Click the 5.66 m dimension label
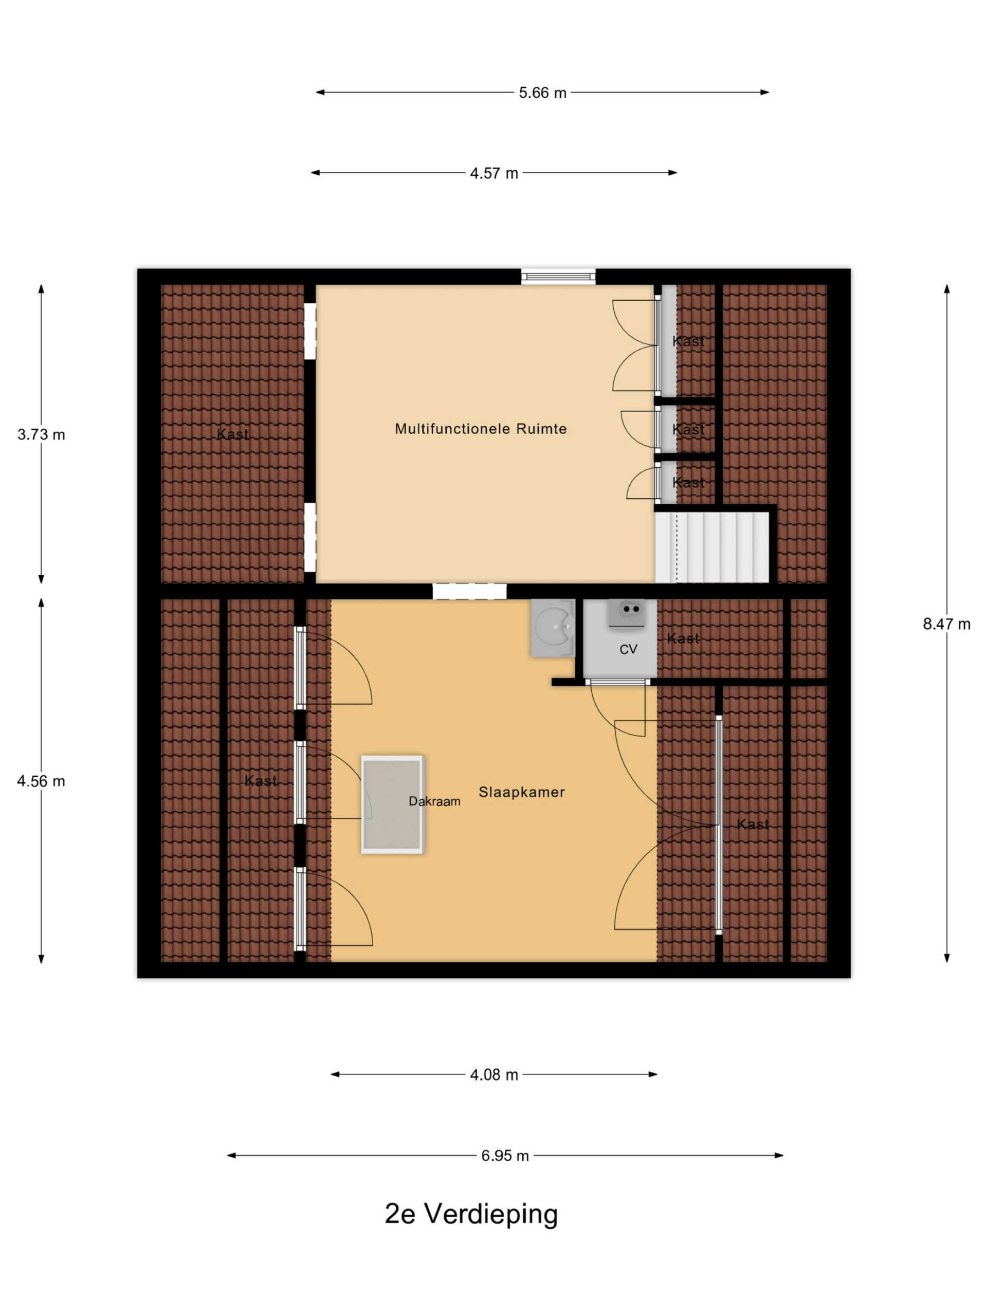(542, 93)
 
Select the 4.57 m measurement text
(494, 173)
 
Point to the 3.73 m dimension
(41, 435)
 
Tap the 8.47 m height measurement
(946, 624)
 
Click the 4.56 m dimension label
(41, 781)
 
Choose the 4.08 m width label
(494, 1075)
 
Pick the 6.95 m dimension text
(505, 1156)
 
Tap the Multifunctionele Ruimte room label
(481, 429)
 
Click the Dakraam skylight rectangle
(392, 805)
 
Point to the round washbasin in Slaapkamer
(553, 628)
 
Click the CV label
(628, 650)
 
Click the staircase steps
(712, 547)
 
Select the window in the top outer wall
(558, 277)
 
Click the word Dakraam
(434, 802)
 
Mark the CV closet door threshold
(617, 682)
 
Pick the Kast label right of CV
(683, 639)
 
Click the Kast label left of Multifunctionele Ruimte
(233, 434)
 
